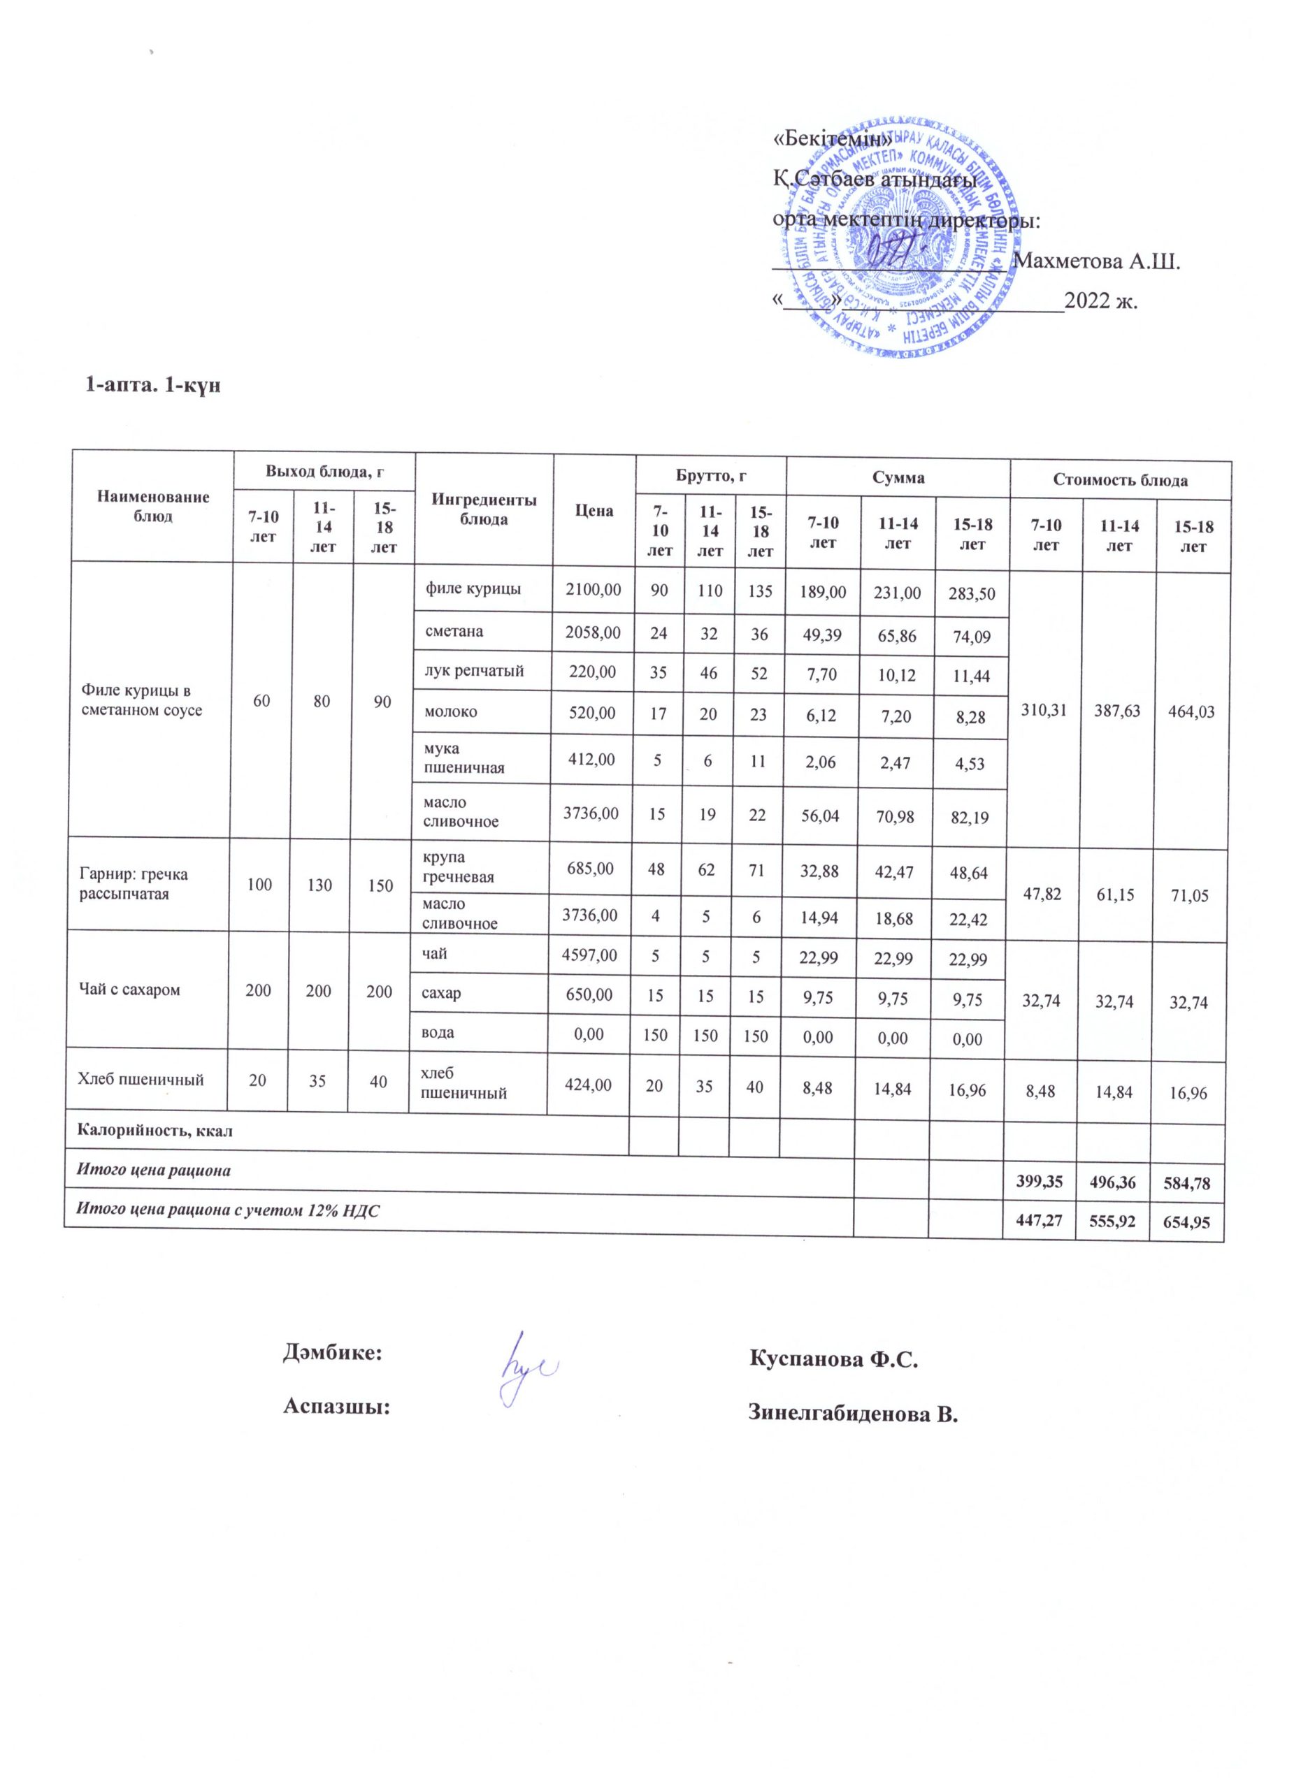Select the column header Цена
(594, 510)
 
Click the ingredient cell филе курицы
(473, 588)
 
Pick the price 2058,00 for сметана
(594, 632)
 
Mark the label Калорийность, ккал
(154, 1129)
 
